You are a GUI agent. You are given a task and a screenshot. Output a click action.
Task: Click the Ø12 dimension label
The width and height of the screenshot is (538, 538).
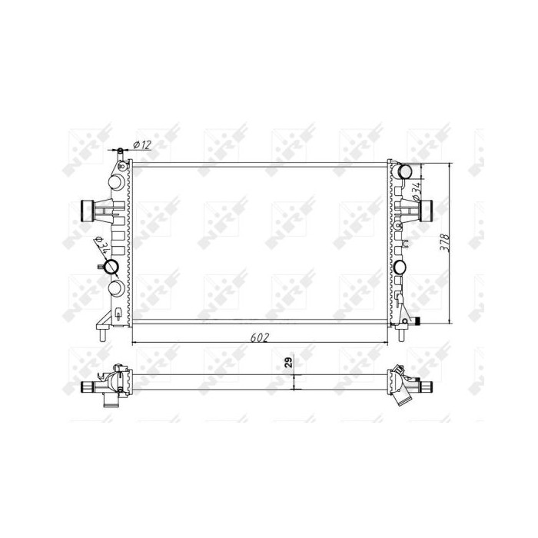(142, 144)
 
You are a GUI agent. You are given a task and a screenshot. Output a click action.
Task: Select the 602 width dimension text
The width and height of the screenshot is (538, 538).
(260, 338)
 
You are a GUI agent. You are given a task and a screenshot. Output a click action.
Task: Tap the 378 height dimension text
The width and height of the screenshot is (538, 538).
(445, 243)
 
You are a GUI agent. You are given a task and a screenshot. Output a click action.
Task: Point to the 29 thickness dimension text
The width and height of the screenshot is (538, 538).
(289, 362)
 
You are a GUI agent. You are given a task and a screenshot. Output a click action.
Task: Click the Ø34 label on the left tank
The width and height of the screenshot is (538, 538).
(101, 244)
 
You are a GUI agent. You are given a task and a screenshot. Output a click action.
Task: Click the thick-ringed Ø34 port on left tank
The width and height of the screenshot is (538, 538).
(111, 267)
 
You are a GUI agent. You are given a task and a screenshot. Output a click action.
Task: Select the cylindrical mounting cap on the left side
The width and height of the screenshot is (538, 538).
(87, 211)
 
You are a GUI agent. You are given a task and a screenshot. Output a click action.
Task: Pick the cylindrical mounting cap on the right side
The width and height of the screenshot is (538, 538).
(426, 211)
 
